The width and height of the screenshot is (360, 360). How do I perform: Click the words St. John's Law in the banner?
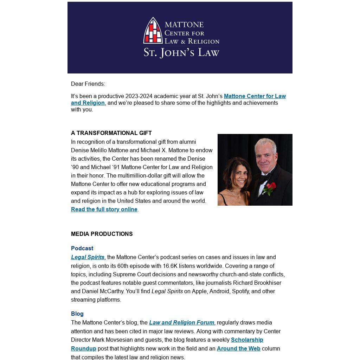[181, 53]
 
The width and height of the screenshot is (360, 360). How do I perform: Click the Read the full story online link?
[104, 209]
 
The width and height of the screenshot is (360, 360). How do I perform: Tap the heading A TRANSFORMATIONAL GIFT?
[111, 133]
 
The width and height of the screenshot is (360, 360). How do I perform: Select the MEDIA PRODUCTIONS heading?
[102, 234]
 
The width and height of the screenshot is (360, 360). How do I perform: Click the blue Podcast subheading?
[82, 248]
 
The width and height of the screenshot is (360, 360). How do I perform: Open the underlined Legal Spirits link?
[88, 257]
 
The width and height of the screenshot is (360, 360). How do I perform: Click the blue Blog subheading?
[77, 314]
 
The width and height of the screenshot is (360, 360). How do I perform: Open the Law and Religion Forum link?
[181, 322]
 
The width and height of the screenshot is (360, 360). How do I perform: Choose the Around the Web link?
[238, 348]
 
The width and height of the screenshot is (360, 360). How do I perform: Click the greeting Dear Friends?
[88, 84]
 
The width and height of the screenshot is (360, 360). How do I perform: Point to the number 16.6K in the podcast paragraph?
[170, 266]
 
